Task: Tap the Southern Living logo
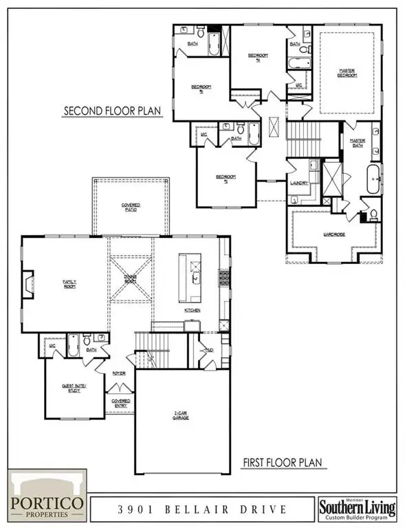point(357,508)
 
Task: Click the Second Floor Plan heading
point(113,111)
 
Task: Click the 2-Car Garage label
point(182,416)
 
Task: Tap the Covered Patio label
point(131,207)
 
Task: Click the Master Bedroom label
point(347,72)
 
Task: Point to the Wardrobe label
point(333,235)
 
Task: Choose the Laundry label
point(298,182)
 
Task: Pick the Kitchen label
point(192,311)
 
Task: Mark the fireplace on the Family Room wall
point(28,283)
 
